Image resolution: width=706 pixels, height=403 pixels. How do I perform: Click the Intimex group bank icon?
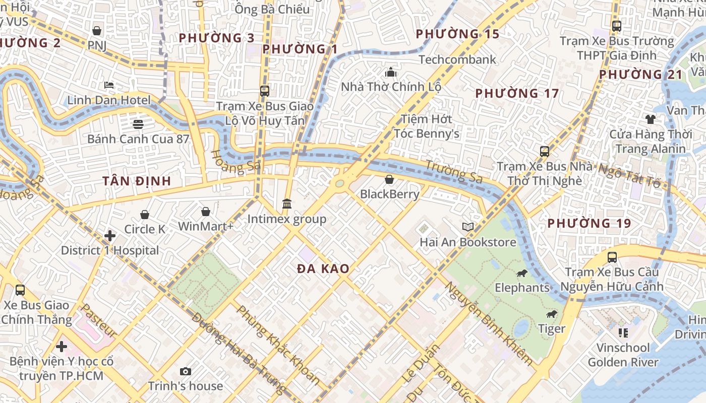tap(287, 204)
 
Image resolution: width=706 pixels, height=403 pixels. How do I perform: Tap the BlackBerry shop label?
tap(389, 194)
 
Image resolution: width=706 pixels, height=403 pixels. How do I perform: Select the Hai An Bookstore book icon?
tap(468, 227)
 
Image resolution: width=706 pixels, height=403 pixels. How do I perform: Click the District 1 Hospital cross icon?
tap(110, 235)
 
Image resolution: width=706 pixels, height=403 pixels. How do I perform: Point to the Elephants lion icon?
tap(521, 274)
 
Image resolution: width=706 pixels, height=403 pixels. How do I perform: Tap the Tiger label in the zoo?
tap(551, 329)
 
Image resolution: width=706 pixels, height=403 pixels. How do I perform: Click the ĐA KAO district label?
tap(323, 268)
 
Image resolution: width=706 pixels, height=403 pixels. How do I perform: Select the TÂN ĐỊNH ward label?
tap(137, 181)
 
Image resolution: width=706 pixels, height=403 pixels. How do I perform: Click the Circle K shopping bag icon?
tap(145, 215)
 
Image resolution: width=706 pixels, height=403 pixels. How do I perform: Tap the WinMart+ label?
tap(206, 226)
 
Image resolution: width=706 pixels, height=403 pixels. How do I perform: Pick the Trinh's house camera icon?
tap(186, 371)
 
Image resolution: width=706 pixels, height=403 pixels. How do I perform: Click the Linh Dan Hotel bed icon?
tap(109, 85)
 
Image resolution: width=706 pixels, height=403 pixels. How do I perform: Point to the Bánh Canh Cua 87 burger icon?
tap(138, 124)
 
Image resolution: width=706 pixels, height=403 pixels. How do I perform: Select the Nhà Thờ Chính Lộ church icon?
tap(391, 72)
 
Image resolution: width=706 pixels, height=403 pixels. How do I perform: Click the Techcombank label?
tap(457, 59)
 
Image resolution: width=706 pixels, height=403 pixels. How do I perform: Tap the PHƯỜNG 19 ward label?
tap(589, 223)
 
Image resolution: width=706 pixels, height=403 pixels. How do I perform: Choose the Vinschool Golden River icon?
tap(623, 332)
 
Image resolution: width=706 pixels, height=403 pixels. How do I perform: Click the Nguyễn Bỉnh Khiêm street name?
tap(488, 323)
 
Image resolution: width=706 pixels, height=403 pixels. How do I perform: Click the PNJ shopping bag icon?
tap(97, 31)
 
